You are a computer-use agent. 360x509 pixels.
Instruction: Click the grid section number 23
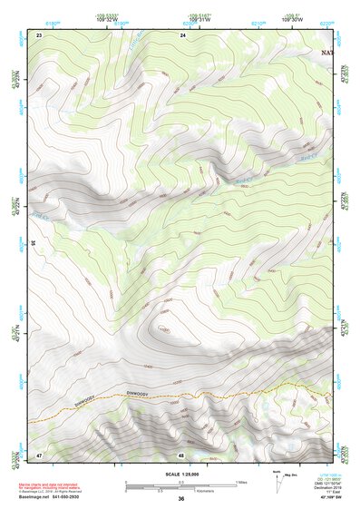40,34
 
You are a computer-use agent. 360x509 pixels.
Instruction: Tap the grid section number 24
183,34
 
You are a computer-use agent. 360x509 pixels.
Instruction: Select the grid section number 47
40,454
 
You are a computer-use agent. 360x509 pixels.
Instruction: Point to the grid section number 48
181,454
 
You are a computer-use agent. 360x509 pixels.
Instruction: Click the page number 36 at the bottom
181,499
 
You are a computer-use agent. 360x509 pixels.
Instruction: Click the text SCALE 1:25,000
180,472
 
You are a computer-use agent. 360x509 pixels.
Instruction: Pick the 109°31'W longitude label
188,22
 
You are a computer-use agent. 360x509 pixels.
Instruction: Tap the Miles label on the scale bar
238,480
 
